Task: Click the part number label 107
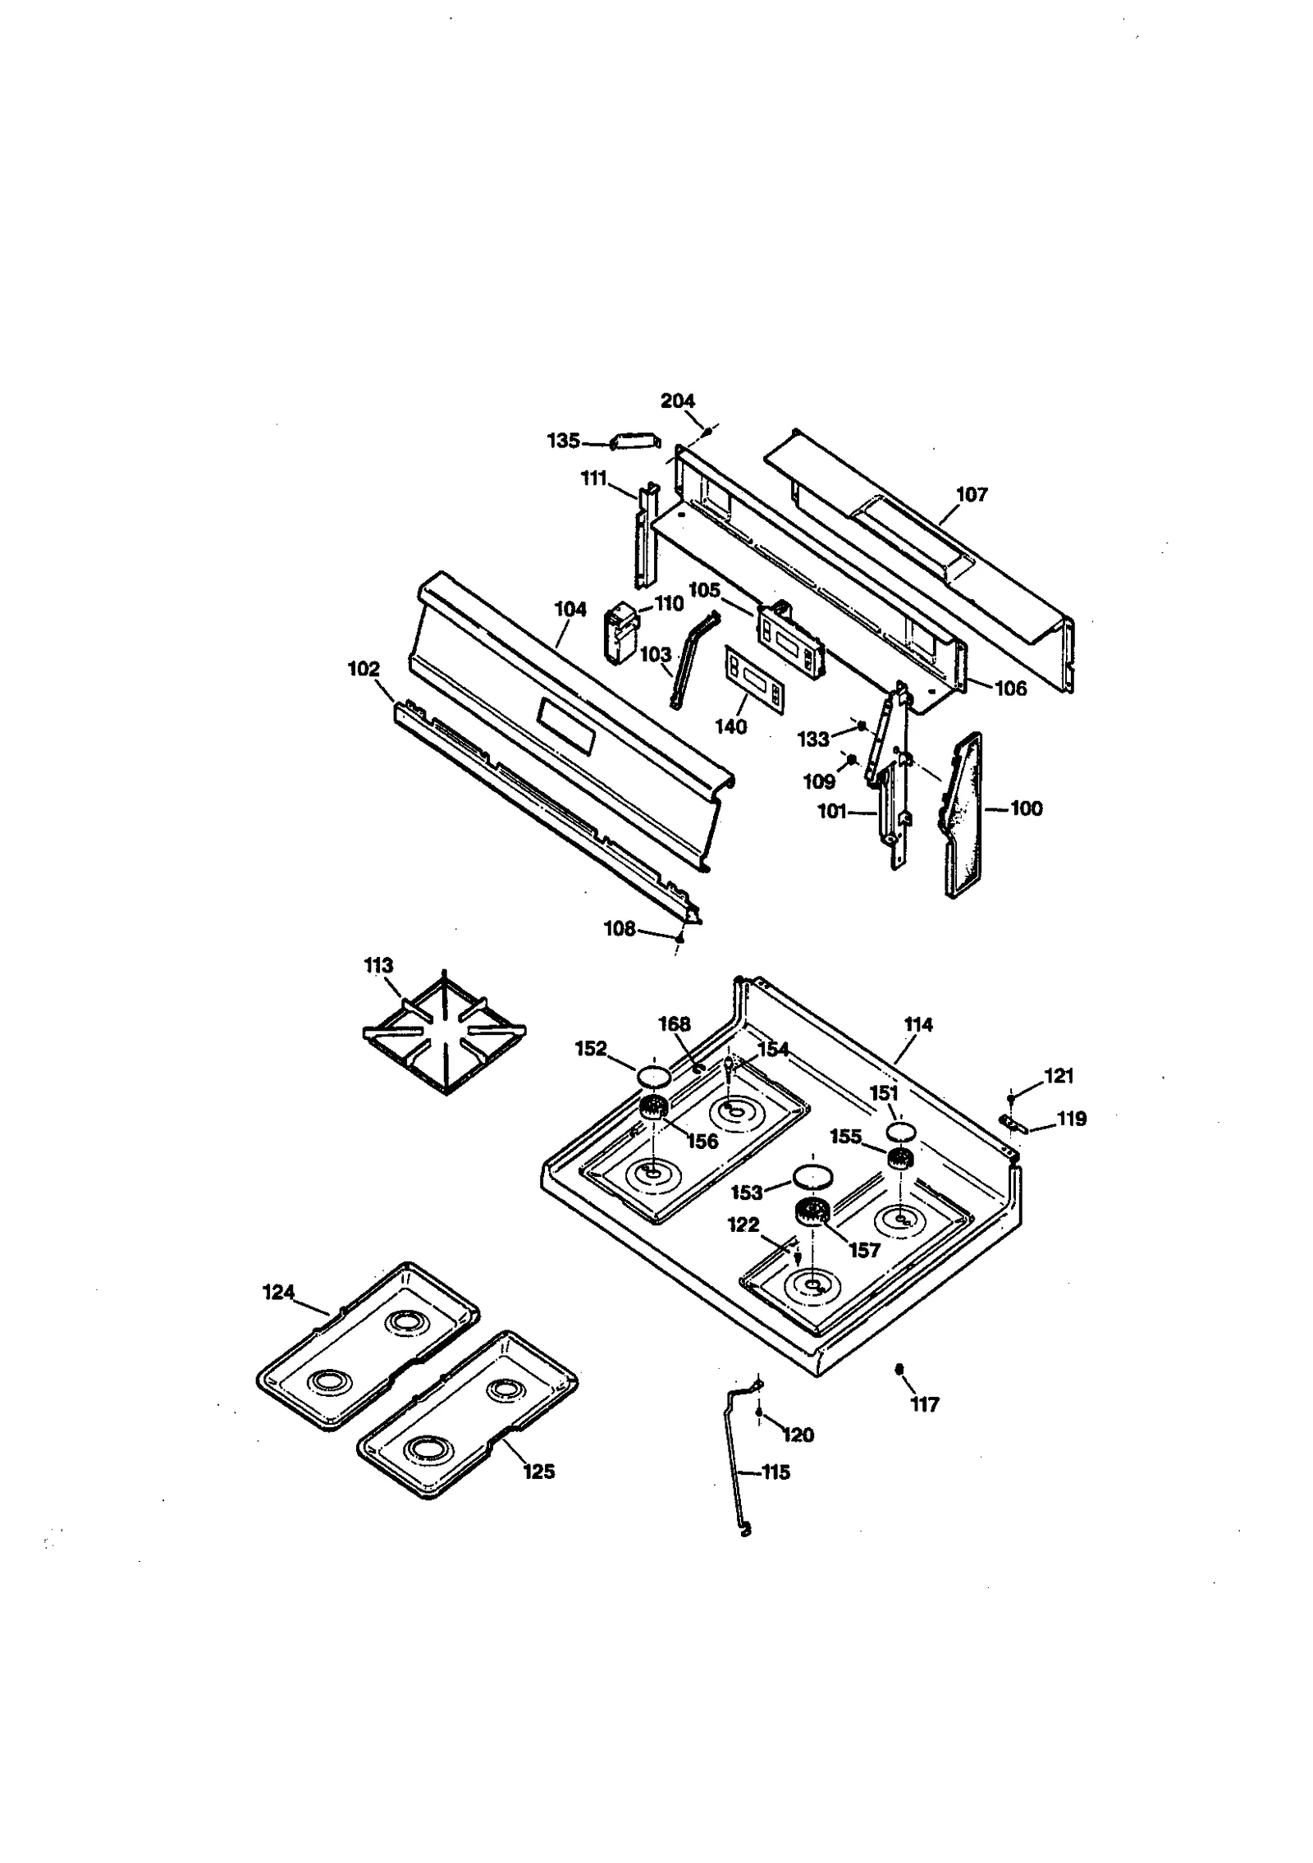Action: (x=972, y=494)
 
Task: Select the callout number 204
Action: (x=677, y=401)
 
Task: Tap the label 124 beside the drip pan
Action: (x=278, y=1293)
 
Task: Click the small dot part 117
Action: (x=899, y=1369)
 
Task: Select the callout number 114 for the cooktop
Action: (x=918, y=1024)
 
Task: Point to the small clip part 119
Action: (x=1013, y=1121)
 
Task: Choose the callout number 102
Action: (x=364, y=669)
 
